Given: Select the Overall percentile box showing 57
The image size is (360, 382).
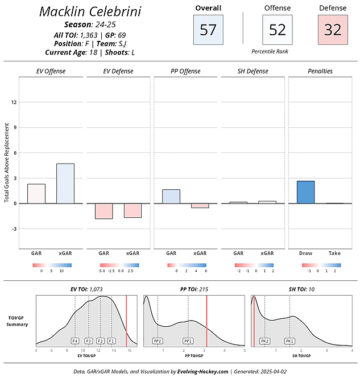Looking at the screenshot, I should click(x=208, y=30).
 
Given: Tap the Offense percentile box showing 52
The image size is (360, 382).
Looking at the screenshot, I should click(x=277, y=30).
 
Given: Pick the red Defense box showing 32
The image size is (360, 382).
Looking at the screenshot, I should click(x=333, y=30).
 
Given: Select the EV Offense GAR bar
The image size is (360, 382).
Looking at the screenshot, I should click(x=36, y=193).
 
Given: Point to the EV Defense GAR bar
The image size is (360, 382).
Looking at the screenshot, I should click(x=104, y=211).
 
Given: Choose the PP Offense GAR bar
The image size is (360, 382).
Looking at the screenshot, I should click(x=171, y=196).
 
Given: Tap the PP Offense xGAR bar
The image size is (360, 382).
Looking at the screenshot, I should click(x=200, y=205).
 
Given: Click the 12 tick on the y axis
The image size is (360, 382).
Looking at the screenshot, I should click(x=14, y=102).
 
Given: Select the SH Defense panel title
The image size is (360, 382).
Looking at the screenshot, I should click(x=253, y=71).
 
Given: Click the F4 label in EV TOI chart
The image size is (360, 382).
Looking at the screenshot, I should click(x=75, y=341).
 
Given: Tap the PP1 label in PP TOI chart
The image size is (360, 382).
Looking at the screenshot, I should click(x=188, y=341).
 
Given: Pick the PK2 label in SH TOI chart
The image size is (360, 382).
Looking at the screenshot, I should click(x=264, y=341).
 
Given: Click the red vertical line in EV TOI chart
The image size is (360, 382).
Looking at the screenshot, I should click(x=126, y=321).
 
